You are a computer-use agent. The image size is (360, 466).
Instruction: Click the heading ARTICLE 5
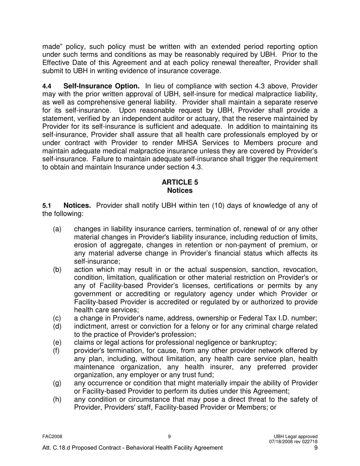(180, 182)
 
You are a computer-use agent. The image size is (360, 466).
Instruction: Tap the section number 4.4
(47, 87)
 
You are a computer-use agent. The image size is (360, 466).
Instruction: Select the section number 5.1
(47, 206)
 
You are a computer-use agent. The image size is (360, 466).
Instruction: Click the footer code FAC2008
(52, 436)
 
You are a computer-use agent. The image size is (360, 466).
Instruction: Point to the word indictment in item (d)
(91, 327)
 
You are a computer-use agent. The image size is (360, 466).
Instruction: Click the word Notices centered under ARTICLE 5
(180, 191)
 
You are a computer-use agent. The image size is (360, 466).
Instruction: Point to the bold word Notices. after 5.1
(77, 206)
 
